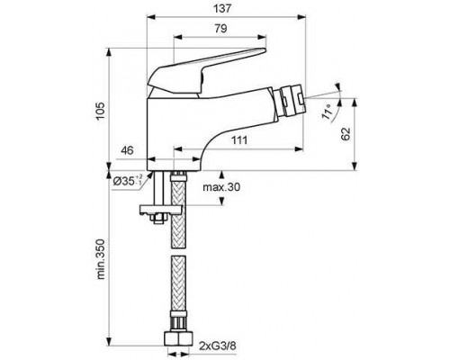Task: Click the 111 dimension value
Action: tap(238, 140)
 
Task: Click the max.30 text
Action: tap(220, 186)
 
